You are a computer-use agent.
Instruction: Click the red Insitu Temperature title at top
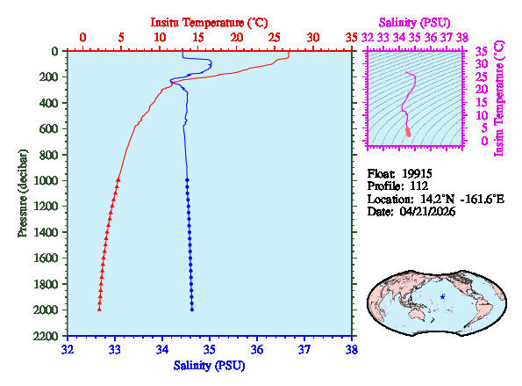coord(209,20)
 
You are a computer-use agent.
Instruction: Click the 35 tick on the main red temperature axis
coord(352,38)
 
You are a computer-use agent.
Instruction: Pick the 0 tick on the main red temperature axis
coord(82,38)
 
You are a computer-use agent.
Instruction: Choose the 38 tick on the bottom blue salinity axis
coord(352,349)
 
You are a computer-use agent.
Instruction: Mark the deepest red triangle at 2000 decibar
coord(99,310)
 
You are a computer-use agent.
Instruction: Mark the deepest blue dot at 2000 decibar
coord(192,310)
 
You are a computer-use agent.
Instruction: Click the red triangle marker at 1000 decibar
coord(118,179)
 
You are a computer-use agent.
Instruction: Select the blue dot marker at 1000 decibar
coord(187,179)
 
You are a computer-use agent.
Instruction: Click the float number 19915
coord(418,173)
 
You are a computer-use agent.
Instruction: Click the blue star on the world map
coord(443,297)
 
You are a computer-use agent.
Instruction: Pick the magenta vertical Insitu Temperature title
coord(499,97)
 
